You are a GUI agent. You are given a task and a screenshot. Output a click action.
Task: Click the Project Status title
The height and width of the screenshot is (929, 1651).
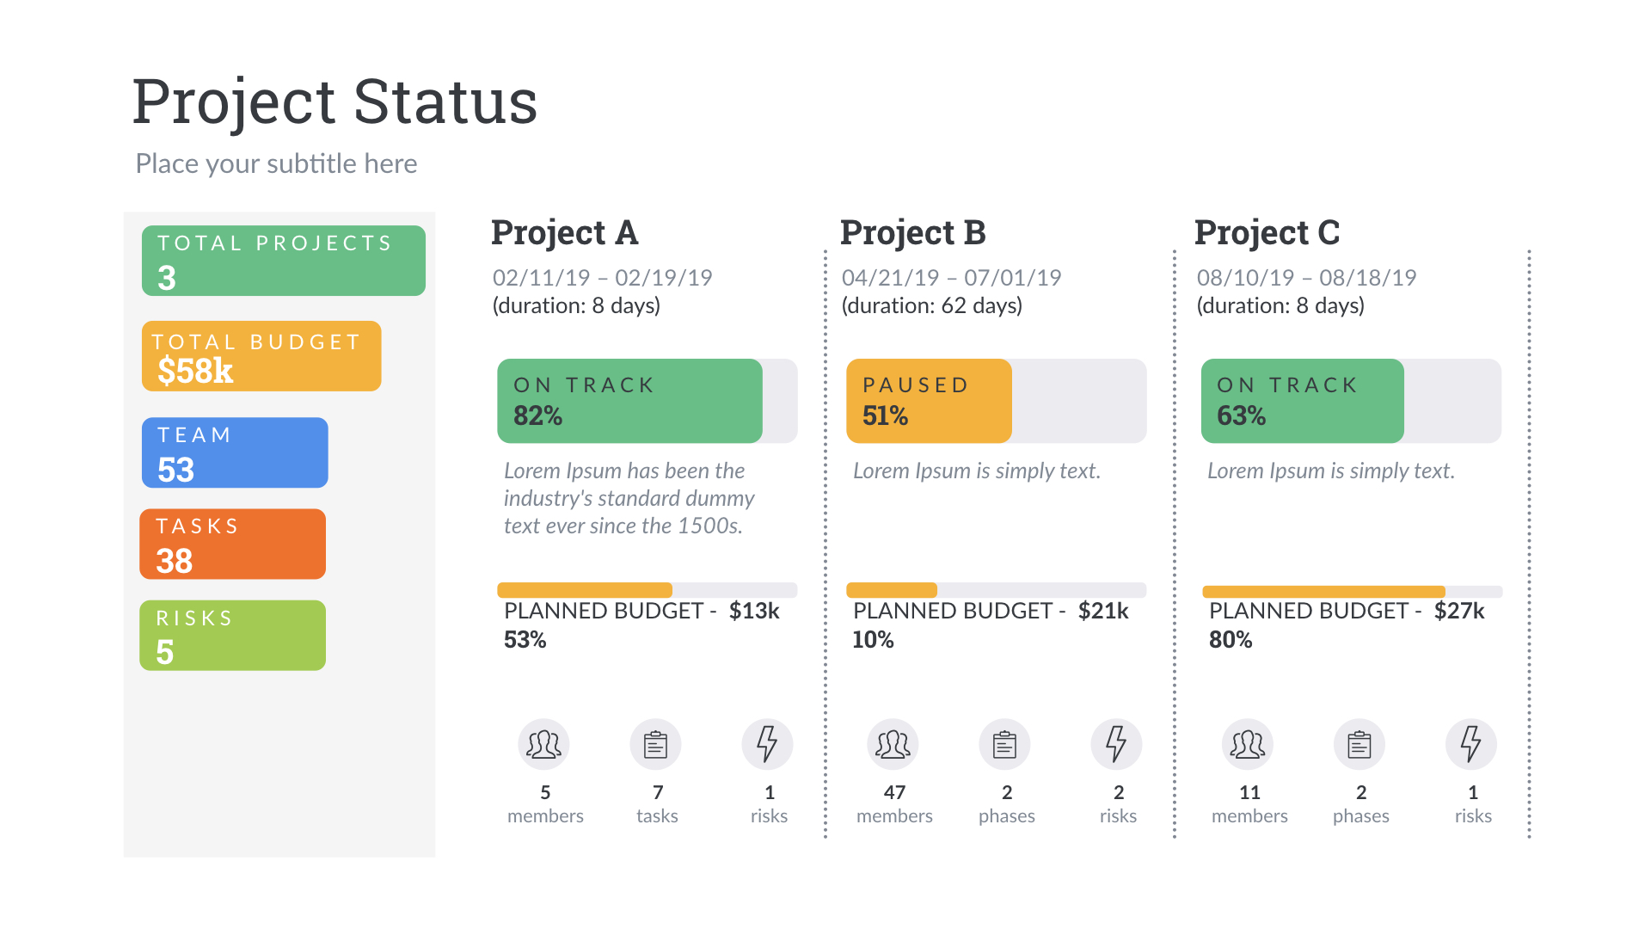pyautogui.click(x=334, y=102)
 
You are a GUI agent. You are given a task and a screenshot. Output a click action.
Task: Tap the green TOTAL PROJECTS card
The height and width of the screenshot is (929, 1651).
pyautogui.click(x=283, y=261)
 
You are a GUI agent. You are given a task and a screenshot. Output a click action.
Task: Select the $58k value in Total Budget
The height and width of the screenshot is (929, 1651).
pyautogui.click(x=195, y=371)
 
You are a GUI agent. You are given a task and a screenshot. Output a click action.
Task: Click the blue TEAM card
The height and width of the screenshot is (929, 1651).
pyautogui.click(x=235, y=452)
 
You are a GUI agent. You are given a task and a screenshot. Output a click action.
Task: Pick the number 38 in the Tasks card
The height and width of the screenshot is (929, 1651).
pyautogui.click(x=175, y=561)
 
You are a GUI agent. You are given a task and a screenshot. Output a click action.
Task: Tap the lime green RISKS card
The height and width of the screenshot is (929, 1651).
pyautogui.click(x=232, y=635)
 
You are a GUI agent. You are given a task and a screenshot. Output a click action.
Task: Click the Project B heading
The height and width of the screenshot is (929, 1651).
pyautogui.click(x=912, y=232)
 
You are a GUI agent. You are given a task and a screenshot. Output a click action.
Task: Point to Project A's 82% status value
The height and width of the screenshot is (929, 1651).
pyautogui.click(x=537, y=415)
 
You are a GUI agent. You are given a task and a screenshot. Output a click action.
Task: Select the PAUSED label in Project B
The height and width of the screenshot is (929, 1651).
pyautogui.click(x=916, y=385)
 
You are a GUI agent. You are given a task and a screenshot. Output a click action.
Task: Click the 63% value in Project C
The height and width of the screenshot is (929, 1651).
pyautogui.click(x=1241, y=415)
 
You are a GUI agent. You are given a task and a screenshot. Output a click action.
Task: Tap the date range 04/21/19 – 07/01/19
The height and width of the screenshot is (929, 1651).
pyautogui.click(x=951, y=278)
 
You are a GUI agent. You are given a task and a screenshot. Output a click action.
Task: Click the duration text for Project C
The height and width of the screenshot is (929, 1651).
pyautogui.click(x=1280, y=305)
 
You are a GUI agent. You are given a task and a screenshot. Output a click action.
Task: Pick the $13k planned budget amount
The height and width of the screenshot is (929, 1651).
pyautogui.click(x=754, y=611)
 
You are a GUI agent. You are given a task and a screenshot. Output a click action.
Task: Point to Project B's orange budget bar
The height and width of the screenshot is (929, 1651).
pyautogui.click(x=892, y=590)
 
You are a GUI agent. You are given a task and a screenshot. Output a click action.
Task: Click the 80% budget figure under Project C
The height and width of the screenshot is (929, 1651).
pyautogui.click(x=1231, y=640)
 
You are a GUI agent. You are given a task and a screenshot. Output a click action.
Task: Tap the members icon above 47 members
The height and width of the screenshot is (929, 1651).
pyautogui.click(x=893, y=744)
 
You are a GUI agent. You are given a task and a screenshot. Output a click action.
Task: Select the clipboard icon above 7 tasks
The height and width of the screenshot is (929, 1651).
pyautogui.click(x=655, y=744)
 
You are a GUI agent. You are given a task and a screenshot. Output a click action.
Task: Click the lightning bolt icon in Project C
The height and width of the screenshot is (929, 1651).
pyautogui.click(x=1471, y=744)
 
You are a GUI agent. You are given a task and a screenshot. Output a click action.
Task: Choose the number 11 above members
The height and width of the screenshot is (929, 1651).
pyautogui.click(x=1249, y=792)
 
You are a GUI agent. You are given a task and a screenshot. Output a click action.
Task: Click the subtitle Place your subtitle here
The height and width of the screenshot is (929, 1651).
pyautogui.click(x=276, y=163)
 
